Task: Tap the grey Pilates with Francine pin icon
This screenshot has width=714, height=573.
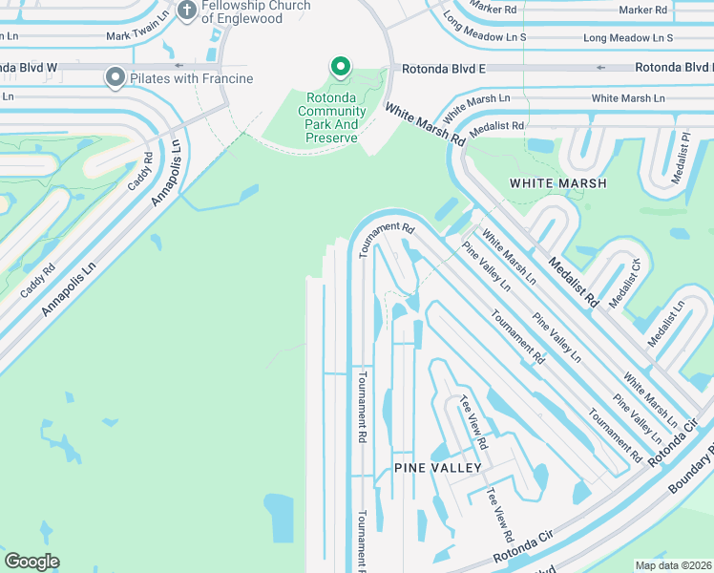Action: (x=115, y=77)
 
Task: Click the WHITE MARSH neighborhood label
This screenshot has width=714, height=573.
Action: (x=558, y=182)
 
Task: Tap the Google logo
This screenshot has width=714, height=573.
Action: (x=31, y=562)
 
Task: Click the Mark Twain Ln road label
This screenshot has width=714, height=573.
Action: (x=138, y=35)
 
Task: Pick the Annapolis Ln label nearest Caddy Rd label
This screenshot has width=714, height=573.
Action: (x=166, y=172)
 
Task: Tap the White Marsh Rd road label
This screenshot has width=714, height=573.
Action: (x=425, y=125)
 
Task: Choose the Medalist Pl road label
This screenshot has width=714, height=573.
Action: (x=682, y=152)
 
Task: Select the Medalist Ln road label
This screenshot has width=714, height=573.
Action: (x=666, y=323)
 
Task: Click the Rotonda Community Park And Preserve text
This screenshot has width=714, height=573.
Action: (x=332, y=117)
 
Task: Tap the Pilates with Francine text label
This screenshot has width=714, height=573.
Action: (x=192, y=78)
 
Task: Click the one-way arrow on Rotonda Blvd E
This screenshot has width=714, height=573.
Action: (x=600, y=68)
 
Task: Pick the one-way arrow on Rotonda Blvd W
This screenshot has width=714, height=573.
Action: (x=178, y=67)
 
